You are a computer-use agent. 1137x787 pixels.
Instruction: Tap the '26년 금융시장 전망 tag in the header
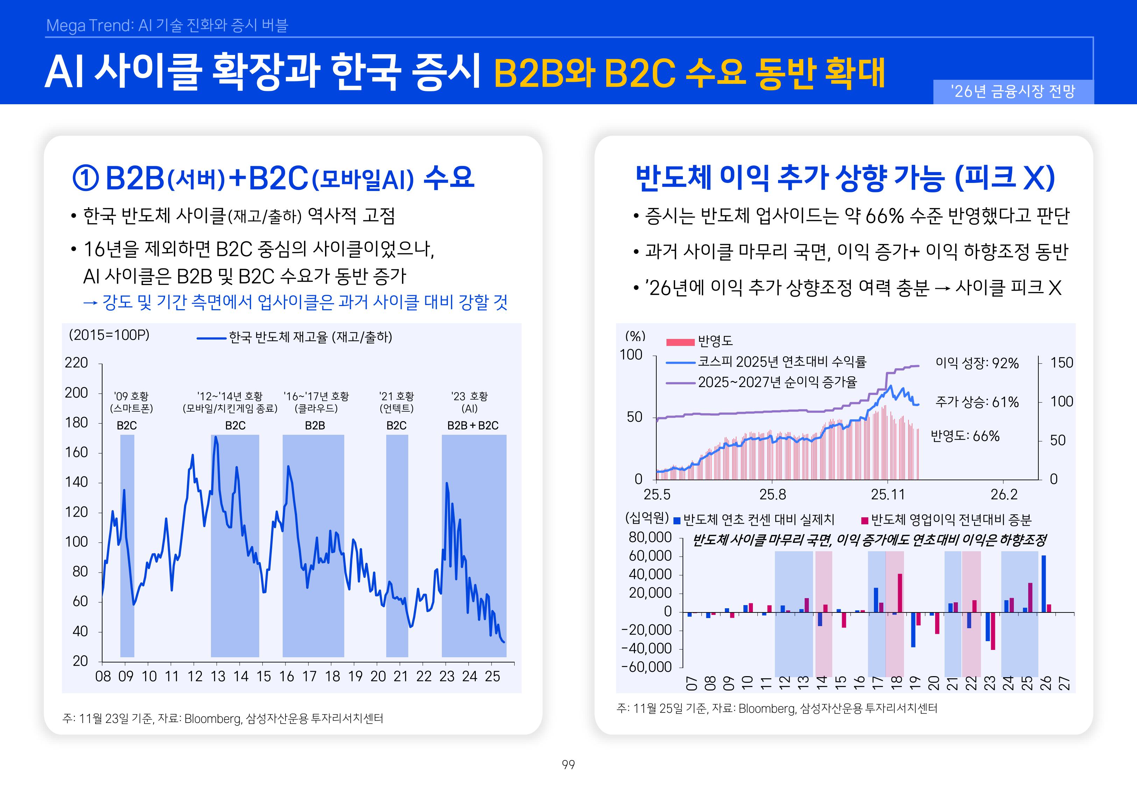coord(1013,91)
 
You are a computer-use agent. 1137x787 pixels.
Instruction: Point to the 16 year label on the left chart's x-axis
coord(287,676)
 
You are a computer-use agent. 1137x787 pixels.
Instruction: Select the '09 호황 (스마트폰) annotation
coord(131,402)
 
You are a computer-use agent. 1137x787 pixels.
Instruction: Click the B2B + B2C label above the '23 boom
coord(472,425)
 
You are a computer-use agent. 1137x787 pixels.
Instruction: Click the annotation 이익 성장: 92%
coord(977,363)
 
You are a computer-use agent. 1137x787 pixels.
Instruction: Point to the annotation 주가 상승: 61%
coord(977,402)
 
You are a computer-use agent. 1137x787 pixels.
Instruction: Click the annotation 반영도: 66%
coord(965,436)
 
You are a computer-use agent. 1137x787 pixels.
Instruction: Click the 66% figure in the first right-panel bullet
coord(884,215)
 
